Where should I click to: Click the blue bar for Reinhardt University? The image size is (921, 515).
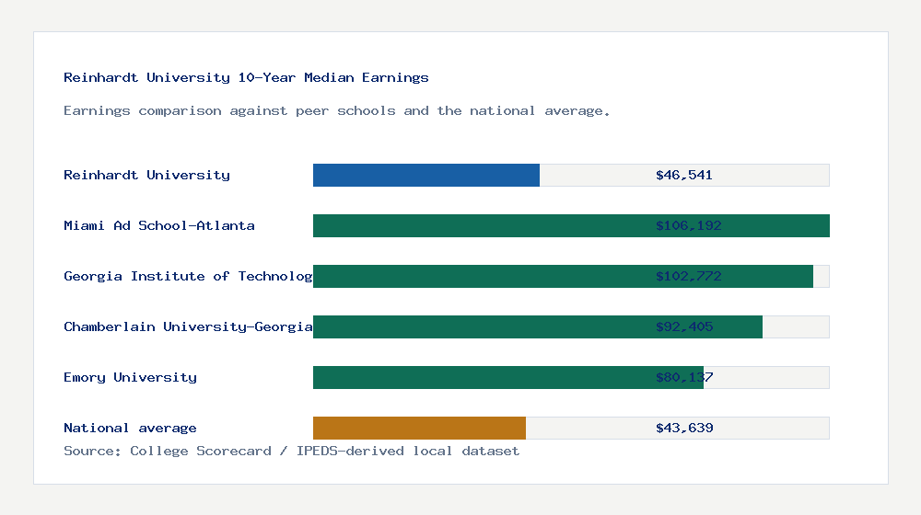click(x=426, y=175)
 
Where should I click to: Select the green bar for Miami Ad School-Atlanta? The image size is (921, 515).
click(x=571, y=225)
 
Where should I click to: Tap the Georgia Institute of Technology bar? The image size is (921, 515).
click(x=563, y=276)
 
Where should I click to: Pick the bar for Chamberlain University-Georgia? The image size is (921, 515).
click(x=538, y=326)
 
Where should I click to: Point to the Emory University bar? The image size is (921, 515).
click(x=508, y=377)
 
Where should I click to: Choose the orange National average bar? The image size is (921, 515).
click(x=419, y=428)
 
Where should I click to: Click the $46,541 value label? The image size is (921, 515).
click(x=684, y=175)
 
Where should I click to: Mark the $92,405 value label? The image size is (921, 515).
click(x=684, y=326)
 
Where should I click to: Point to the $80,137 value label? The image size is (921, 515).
click(x=684, y=377)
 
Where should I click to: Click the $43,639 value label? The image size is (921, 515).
click(x=684, y=428)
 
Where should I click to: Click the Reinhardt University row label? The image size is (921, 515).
click(x=146, y=175)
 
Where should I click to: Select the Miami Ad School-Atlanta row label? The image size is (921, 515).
click(x=159, y=225)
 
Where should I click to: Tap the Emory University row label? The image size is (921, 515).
click(x=130, y=377)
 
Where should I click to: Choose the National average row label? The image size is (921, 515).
click(x=130, y=428)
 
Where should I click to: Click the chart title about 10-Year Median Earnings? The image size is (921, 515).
click(x=246, y=77)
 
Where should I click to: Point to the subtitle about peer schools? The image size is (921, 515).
click(x=337, y=110)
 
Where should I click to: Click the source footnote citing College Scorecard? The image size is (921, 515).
click(x=291, y=451)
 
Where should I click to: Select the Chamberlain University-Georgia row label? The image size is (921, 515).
click(x=188, y=326)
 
